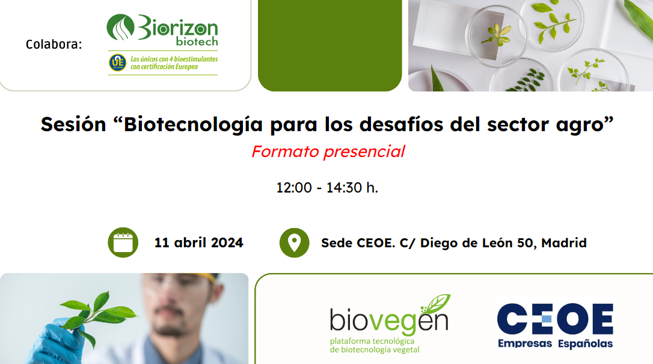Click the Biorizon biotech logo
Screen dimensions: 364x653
pos(162,30)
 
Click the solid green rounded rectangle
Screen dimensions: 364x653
pos(330,45)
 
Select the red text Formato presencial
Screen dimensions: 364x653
pos(328,152)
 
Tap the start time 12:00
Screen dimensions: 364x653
pos(293,188)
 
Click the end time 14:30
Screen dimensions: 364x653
pos(345,188)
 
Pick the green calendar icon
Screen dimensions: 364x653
pos(123,242)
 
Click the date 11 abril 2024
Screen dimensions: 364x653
pos(198,243)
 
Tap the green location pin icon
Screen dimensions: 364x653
pos(294,242)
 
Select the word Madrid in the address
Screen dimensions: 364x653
pos(564,243)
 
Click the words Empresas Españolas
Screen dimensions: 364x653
pos(554,344)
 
